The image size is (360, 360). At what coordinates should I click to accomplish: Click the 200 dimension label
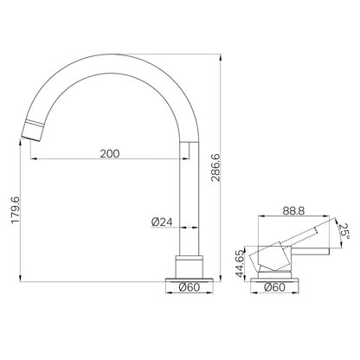pos(110,154)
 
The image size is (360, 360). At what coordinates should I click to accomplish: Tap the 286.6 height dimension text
pos(215,168)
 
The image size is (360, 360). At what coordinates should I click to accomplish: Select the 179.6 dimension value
pos(15,209)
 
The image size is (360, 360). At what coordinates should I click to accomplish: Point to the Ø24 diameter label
pos(162,222)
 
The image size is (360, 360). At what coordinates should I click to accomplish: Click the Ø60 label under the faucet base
pos(189,287)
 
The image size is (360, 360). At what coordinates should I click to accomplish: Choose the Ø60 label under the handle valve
pos(274,287)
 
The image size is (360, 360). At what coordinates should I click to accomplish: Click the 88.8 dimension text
pos(293,211)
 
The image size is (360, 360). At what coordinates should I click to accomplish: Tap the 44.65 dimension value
pos(240,263)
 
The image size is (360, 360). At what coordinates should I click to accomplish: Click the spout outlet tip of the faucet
pos(31,138)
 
